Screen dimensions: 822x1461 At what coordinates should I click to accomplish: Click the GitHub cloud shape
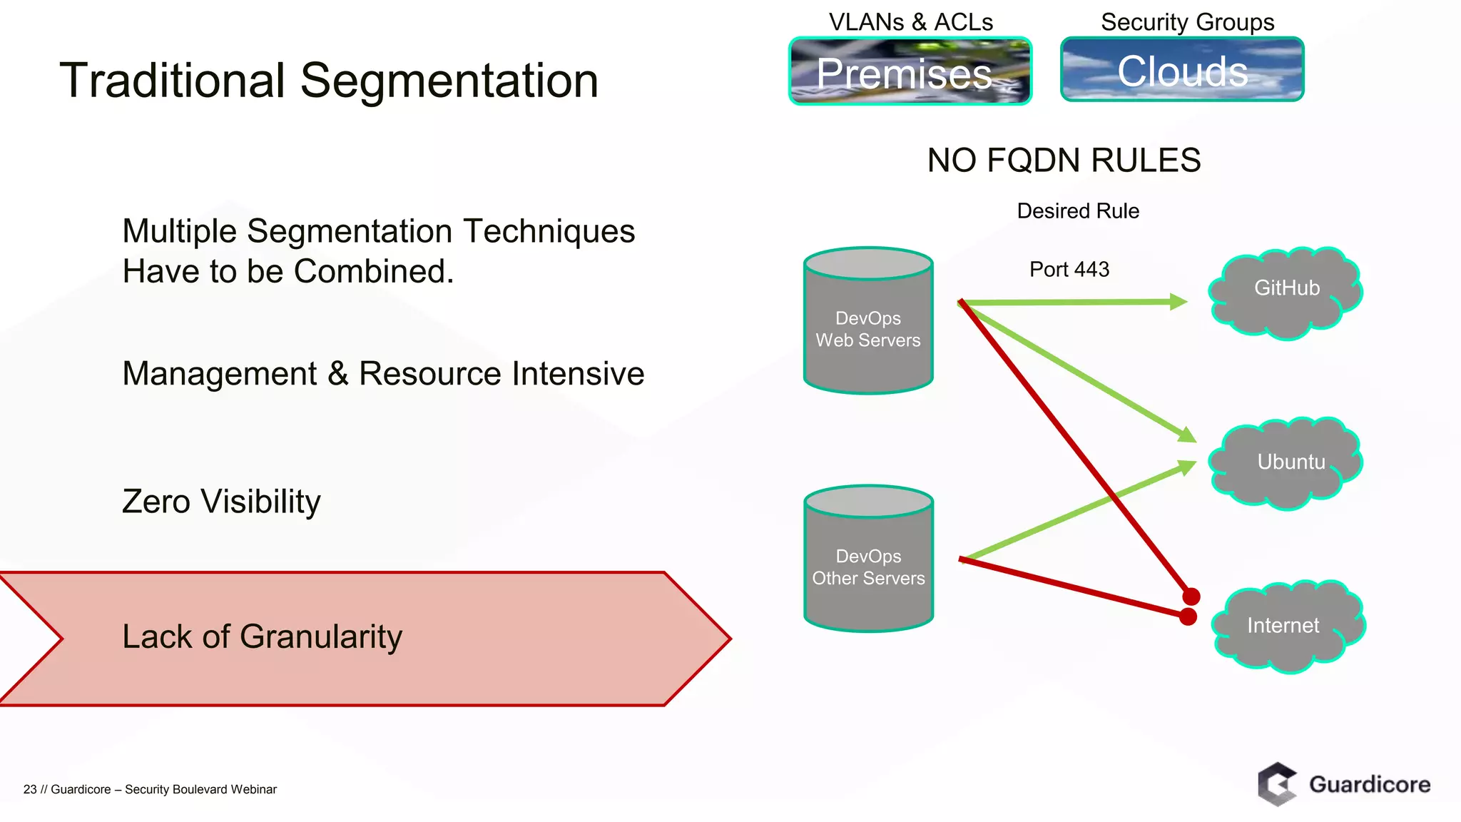(1286, 293)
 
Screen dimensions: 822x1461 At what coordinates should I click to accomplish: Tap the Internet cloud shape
(1286, 626)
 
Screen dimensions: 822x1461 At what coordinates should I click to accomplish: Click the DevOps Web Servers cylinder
(868, 328)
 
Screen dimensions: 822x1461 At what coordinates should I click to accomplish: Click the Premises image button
(910, 71)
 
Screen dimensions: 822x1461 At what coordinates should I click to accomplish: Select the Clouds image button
(1182, 70)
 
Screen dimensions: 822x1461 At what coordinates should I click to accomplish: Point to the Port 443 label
(1069, 270)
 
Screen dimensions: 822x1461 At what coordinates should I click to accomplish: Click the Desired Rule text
(1077, 211)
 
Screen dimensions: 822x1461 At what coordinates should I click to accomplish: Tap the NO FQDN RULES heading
(1064, 161)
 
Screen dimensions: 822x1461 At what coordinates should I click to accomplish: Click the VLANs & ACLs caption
(910, 22)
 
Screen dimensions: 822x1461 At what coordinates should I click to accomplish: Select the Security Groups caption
(1187, 22)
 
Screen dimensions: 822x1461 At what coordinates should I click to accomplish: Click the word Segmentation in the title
(449, 81)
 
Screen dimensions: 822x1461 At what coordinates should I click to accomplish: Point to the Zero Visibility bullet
(221, 501)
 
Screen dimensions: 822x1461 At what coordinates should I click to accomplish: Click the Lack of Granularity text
(262, 636)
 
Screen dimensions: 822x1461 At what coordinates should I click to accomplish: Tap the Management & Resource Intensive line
(383, 374)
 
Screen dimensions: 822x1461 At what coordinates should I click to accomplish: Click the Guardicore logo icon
(1276, 784)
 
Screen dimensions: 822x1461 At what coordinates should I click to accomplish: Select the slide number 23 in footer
(29, 789)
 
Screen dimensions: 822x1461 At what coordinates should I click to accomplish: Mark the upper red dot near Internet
(1191, 596)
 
